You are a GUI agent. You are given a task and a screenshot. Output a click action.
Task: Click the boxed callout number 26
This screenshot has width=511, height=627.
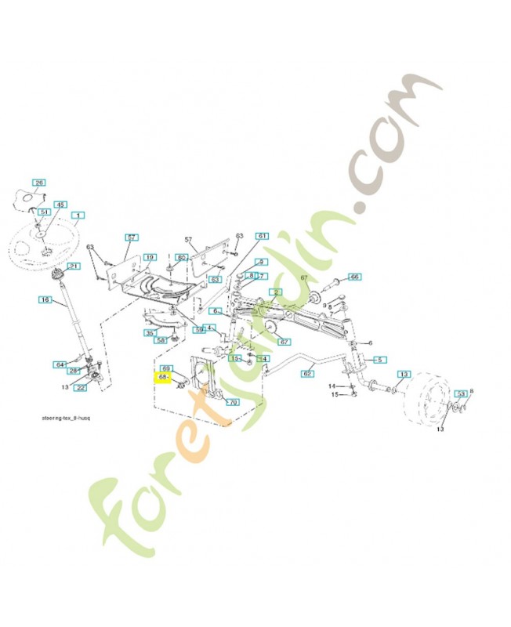pos(40,183)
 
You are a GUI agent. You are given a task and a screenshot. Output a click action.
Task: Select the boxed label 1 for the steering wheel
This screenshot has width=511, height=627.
pos(78,215)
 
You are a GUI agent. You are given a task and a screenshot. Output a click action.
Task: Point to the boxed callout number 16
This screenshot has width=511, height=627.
pos(45,299)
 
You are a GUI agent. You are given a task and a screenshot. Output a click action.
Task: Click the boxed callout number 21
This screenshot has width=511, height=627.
pos(73,266)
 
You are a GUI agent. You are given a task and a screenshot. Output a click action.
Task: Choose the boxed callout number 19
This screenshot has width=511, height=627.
pos(149,257)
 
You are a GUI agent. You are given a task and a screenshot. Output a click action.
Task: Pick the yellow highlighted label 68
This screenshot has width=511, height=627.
pos(165,377)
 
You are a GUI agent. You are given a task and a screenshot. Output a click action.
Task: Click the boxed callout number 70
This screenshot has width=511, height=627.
pos(232,402)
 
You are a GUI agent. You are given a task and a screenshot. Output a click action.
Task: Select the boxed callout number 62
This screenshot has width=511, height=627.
pos(307,374)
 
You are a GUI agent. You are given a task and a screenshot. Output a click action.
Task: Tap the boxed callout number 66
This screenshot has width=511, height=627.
pos(354,277)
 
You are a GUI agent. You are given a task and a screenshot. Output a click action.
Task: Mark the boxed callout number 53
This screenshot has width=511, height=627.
pos(462,393)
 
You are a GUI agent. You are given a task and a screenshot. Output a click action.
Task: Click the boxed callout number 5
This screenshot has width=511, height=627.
pos(379,360)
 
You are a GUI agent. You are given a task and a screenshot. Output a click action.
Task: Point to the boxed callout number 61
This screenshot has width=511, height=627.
pos(263,236)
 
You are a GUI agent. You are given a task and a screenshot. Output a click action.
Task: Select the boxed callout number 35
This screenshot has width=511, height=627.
pos(150,333)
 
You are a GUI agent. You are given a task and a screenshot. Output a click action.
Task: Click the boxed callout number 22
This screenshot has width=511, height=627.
pos(82,387)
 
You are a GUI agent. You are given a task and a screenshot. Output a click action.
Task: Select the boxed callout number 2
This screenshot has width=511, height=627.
pos(275,292)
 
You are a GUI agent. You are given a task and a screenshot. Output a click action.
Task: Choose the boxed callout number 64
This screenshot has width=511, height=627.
pos(60,364)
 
